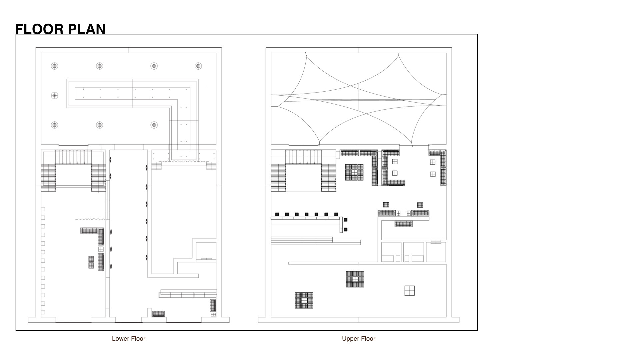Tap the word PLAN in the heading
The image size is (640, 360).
point(87,29)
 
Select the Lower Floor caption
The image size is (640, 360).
point(129,339)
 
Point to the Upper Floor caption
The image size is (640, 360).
point(359,339)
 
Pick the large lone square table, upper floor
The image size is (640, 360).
point(409,291)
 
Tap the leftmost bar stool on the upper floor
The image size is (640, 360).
point(277,214)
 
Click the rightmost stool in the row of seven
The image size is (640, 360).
point(336,214)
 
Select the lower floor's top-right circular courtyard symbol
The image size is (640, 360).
point(198,66)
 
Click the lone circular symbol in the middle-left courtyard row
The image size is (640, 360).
point(55,96)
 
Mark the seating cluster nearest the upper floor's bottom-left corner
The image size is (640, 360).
point(304,300)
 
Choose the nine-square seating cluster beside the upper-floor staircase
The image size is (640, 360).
point(354,172)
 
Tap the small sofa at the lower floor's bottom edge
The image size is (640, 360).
point(158,314)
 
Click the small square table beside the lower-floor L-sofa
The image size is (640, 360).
point(101,249)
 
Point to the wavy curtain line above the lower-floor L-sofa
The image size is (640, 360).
point(90,219)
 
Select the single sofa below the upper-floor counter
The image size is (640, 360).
point(404,224)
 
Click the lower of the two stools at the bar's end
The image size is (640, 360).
point(346,229)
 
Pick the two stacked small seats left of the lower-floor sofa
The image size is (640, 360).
point(91,262)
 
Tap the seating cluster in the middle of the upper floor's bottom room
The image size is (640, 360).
point(355,279)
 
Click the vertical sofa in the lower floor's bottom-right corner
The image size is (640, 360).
point(213,305)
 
